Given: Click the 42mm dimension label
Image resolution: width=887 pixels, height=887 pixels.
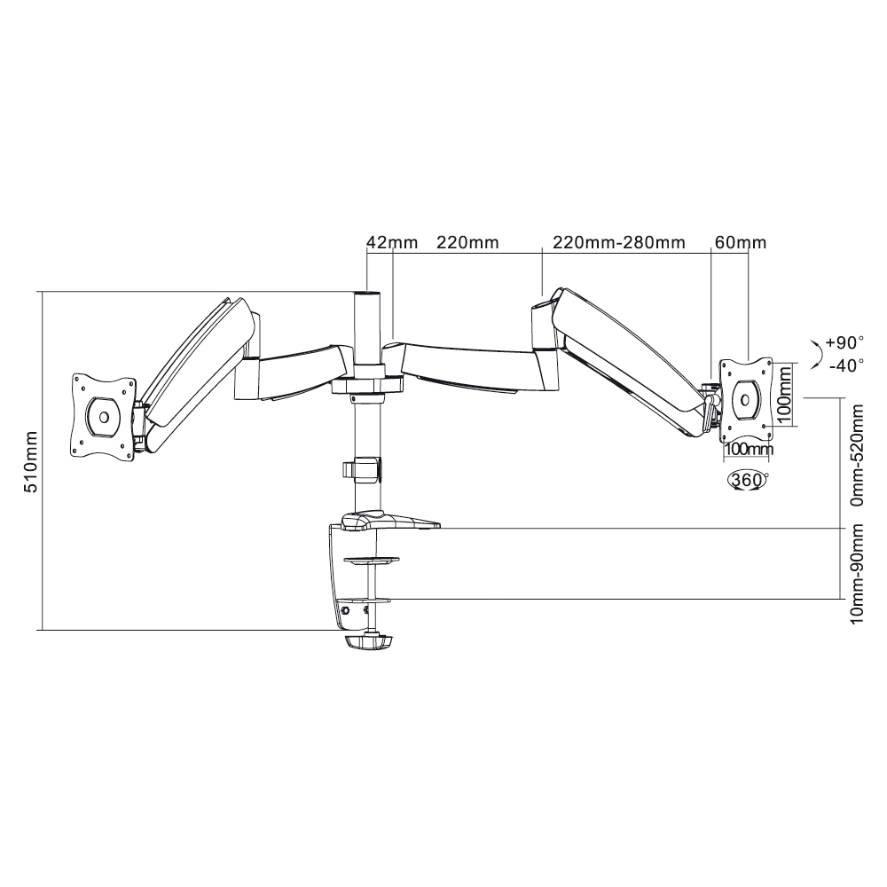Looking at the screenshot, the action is (392, 243).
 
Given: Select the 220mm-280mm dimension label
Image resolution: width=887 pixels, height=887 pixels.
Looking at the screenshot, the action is (619, 243).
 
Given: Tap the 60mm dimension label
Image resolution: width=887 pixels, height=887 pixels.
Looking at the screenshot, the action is (741, 243).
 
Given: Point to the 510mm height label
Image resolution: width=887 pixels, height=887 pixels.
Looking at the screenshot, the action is (30, 462).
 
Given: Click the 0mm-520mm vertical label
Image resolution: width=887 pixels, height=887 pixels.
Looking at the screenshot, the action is (858, 455).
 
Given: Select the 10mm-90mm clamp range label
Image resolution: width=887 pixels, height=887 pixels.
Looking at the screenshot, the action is (858, 574).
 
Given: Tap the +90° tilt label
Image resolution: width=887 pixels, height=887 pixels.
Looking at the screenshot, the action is (844, 342).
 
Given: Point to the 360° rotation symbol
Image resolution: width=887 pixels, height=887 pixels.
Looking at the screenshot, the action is (747, 481).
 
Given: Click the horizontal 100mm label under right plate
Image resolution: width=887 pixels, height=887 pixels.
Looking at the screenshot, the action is (749, 450).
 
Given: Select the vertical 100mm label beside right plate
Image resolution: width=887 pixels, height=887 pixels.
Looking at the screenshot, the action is (783, 395).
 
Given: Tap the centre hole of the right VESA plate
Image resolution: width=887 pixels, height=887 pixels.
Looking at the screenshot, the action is (746, 400).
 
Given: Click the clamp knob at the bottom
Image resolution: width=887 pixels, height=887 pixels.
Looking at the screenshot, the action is (368, 643).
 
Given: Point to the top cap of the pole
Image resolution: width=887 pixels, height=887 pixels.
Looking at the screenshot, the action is (366, 294).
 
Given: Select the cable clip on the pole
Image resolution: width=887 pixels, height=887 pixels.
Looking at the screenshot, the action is (362, 469).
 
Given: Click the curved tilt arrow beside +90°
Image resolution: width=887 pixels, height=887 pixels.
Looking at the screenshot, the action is (816, 355).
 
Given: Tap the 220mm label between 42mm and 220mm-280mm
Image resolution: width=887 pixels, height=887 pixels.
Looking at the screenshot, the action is (467, 243).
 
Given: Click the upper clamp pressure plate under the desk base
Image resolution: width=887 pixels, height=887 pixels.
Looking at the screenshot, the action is (371, 561).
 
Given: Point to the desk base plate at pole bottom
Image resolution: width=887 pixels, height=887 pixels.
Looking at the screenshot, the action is (390, 521).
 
